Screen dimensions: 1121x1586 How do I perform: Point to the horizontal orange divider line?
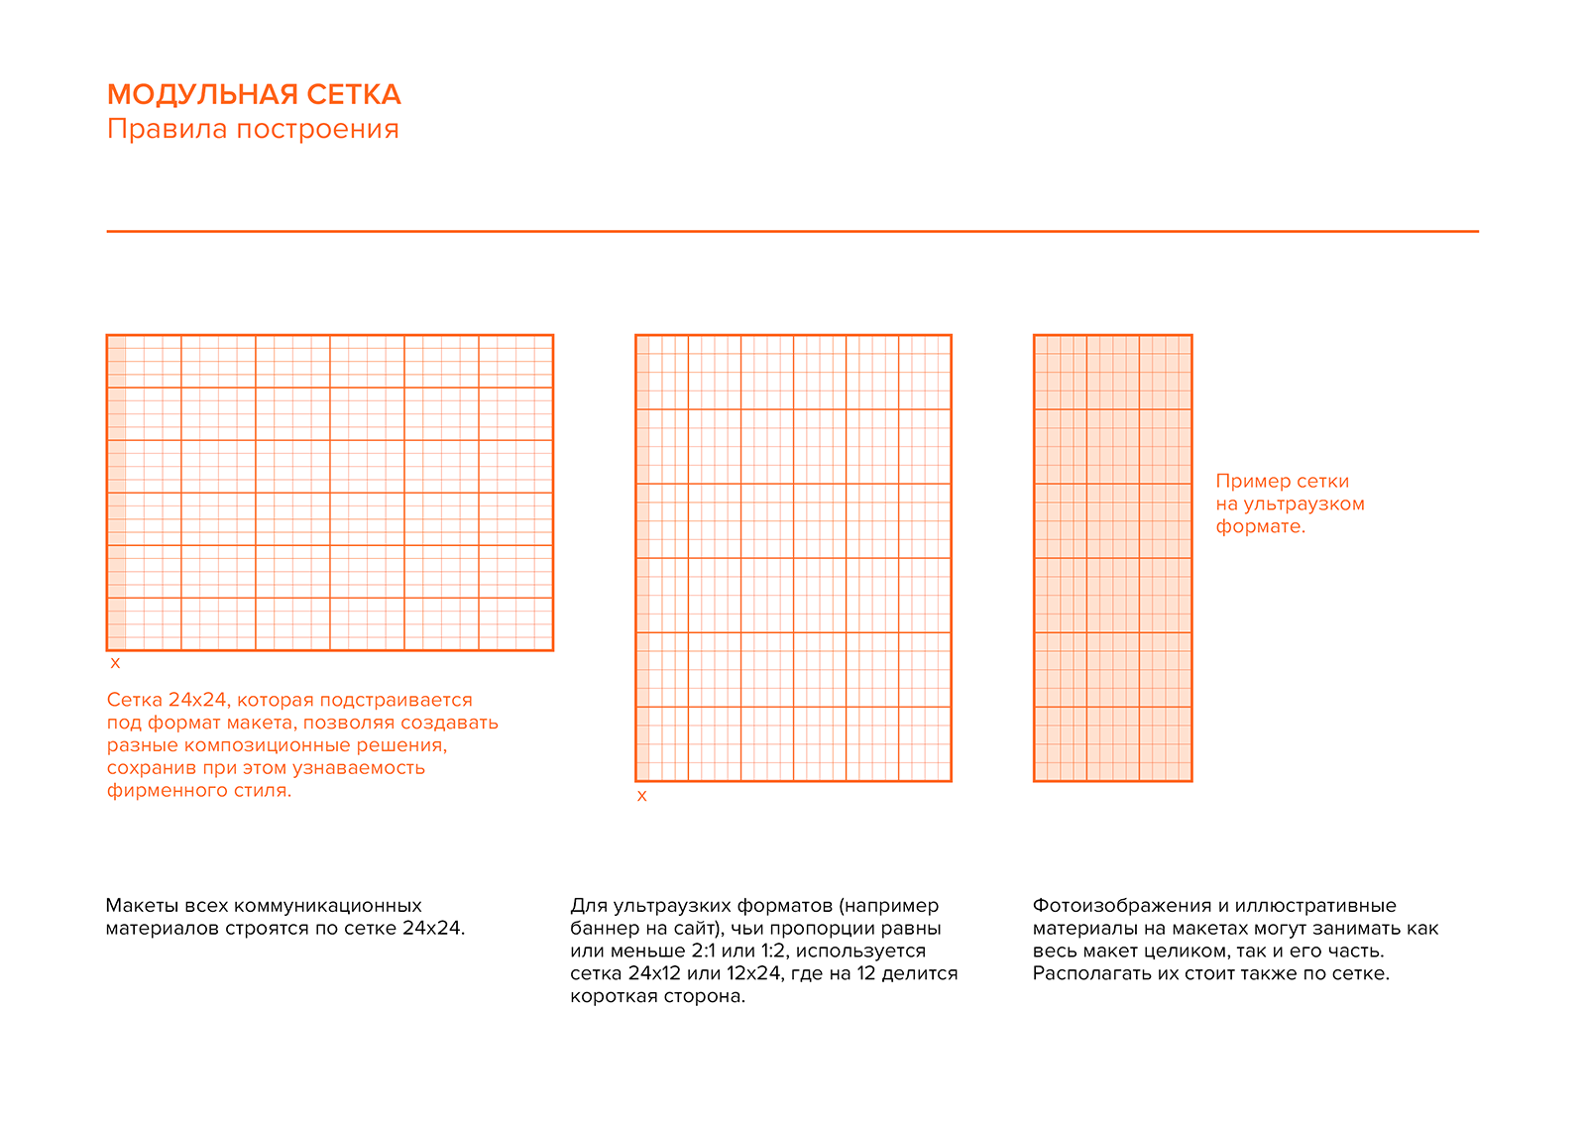pyautogui.click(x=793, y=231)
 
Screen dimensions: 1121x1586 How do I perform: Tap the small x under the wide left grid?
pyautogui.click(x=115, y=663)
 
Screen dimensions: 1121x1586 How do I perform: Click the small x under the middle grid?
pyautogui.click(x=641, y=796)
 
